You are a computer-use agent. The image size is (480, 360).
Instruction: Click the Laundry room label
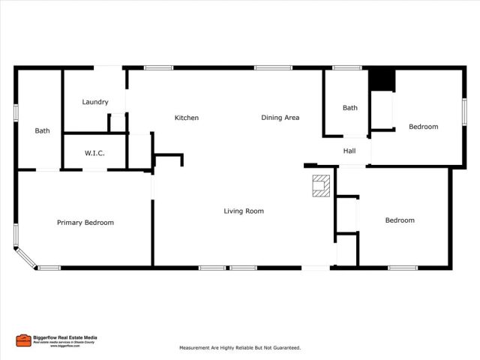(x=95, y=102)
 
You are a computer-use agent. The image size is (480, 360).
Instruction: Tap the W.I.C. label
(x=94, y=153)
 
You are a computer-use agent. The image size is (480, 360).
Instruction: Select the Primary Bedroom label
(x=85, y=222)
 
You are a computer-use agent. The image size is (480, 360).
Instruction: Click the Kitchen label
(x=187, y=118)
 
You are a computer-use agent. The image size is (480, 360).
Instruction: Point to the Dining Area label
(x=280, y=118)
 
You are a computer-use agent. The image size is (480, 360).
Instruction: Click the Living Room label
(x=244, y=211)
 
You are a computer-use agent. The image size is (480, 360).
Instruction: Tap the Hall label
(x=349, y=151)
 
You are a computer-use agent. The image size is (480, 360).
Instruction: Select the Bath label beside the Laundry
(x=43, y=130)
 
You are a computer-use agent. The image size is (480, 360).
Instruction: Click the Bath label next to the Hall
(x=350, y=108)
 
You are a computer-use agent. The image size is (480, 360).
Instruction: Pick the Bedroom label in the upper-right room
(x=423, y=127)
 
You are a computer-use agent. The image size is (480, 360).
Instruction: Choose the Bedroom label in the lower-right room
(x=400, y=220)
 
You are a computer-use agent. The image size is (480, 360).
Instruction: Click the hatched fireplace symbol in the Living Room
(x=321, y=186)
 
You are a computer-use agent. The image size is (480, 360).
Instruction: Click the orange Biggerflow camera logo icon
(x=23, y=340)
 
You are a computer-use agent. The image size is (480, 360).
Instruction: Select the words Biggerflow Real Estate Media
(x=64, y=337)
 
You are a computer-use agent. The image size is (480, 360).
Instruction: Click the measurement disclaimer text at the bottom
(x=240, y=348)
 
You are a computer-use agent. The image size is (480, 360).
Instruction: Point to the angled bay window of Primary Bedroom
(x=25, y=256)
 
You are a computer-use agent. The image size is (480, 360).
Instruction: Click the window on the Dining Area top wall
(x=273, y=68)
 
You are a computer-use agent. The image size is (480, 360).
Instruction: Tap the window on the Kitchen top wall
(x=158, y=68)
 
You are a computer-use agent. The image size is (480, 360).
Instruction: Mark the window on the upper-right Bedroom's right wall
(x=464, y=112)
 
